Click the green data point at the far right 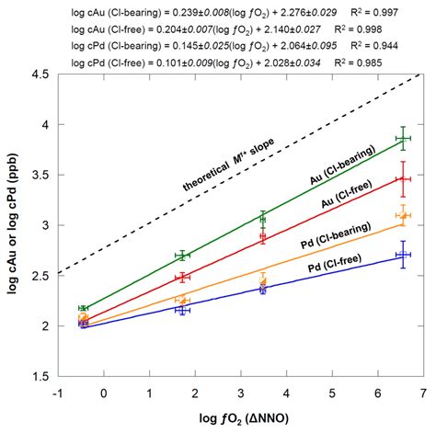tap(402, 138)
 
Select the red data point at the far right tap(402, 178)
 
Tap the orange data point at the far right tap(403, 215)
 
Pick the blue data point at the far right tap(402, 255)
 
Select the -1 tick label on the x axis tap(57, 393)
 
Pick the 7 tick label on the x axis tap(422, 393)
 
